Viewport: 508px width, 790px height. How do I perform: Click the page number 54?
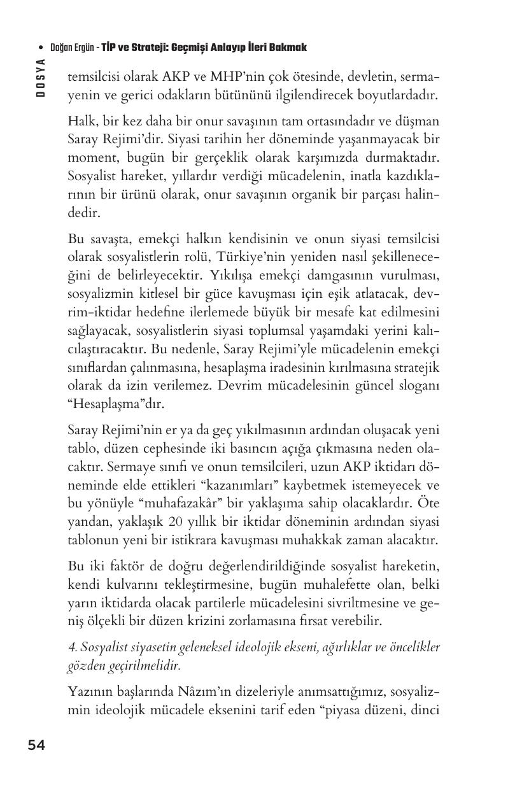tap(36, 746)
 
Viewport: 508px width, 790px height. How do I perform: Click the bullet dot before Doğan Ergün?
tap(41, 48)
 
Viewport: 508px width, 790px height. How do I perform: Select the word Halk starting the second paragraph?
tap(81, 121)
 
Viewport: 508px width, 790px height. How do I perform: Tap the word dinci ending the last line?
tap(426, 709)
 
